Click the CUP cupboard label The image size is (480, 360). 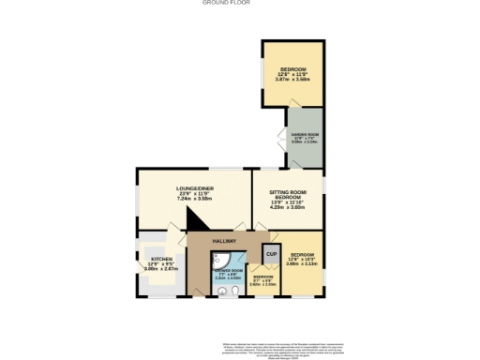[x=271, y=254]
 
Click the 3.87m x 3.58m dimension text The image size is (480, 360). [x=292, y=80]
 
